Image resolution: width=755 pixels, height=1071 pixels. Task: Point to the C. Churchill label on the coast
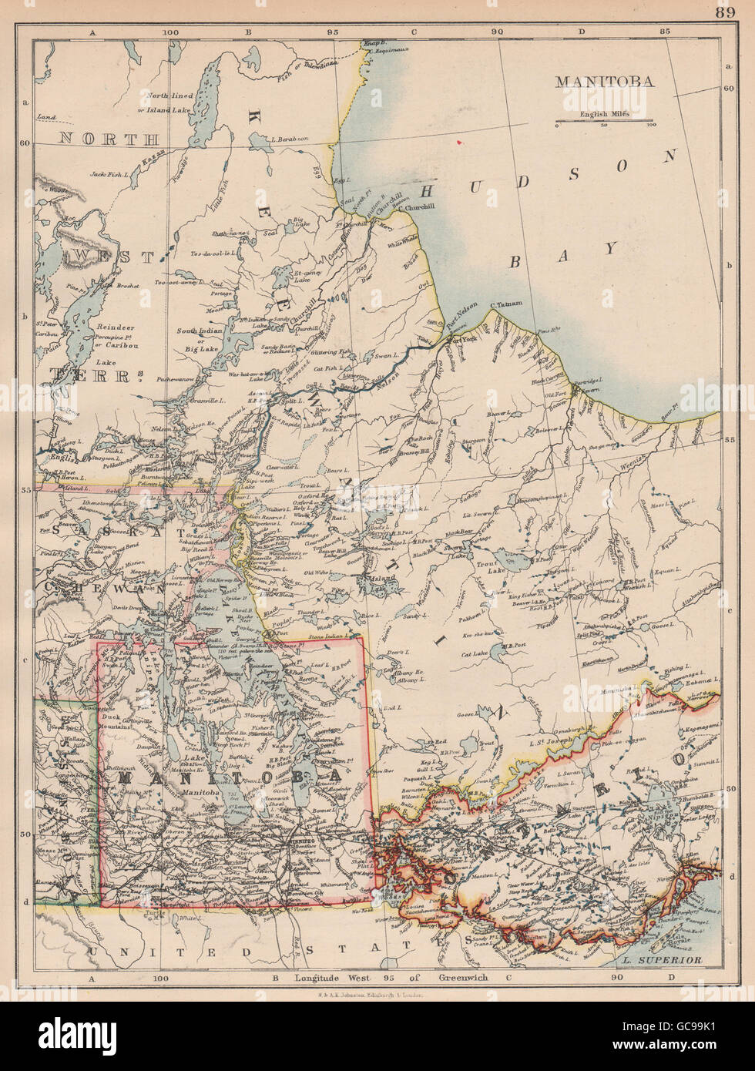(417, 206)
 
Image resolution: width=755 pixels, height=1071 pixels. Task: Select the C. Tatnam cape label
(508, 306)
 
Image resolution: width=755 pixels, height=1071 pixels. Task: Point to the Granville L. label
(200, 403)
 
